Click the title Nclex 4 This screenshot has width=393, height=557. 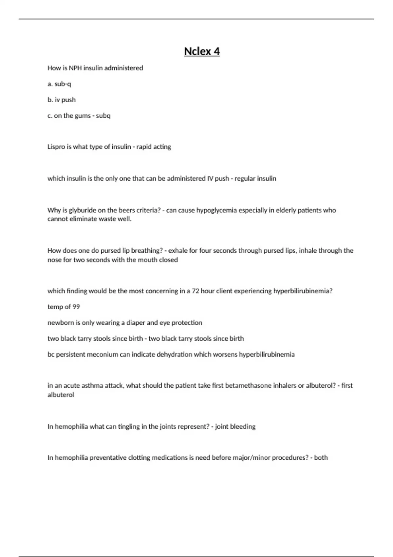202,51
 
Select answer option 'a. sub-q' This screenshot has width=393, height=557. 59,84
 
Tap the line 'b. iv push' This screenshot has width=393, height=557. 62,100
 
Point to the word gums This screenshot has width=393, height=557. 81,116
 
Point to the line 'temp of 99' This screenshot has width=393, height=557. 64,307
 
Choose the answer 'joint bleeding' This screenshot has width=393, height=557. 235,427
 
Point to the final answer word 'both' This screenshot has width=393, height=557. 321,458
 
